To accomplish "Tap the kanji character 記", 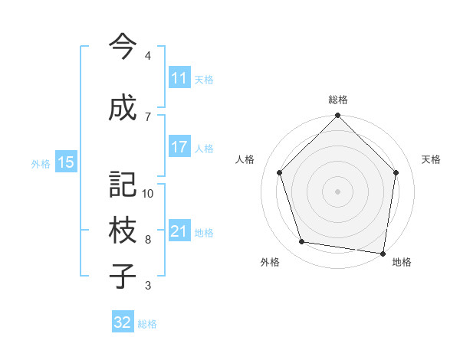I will tap(122, 184).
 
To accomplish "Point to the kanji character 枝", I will tap(122, 230).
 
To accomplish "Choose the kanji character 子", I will tap(122, 276).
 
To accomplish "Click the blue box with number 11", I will tap(179, 79).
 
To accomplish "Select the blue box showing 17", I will tap(179, 148).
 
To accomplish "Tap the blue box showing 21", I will tap(179, 232).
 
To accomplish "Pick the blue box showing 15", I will tap(65, 162).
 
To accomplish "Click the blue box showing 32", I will tap(123, 322).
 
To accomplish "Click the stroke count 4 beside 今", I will tap(148, 56).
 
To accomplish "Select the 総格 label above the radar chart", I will tap(338, 100).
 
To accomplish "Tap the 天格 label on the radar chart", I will tap(431, 159).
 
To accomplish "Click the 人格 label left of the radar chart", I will tap(245, 159).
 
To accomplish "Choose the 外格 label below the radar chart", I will tap(270, 262).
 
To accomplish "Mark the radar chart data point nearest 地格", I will tap(383, 253).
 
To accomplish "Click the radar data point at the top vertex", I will tap(338, 116).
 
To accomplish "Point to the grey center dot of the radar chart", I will tap(338, 191).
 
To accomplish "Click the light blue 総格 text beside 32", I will tap(147, 323).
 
